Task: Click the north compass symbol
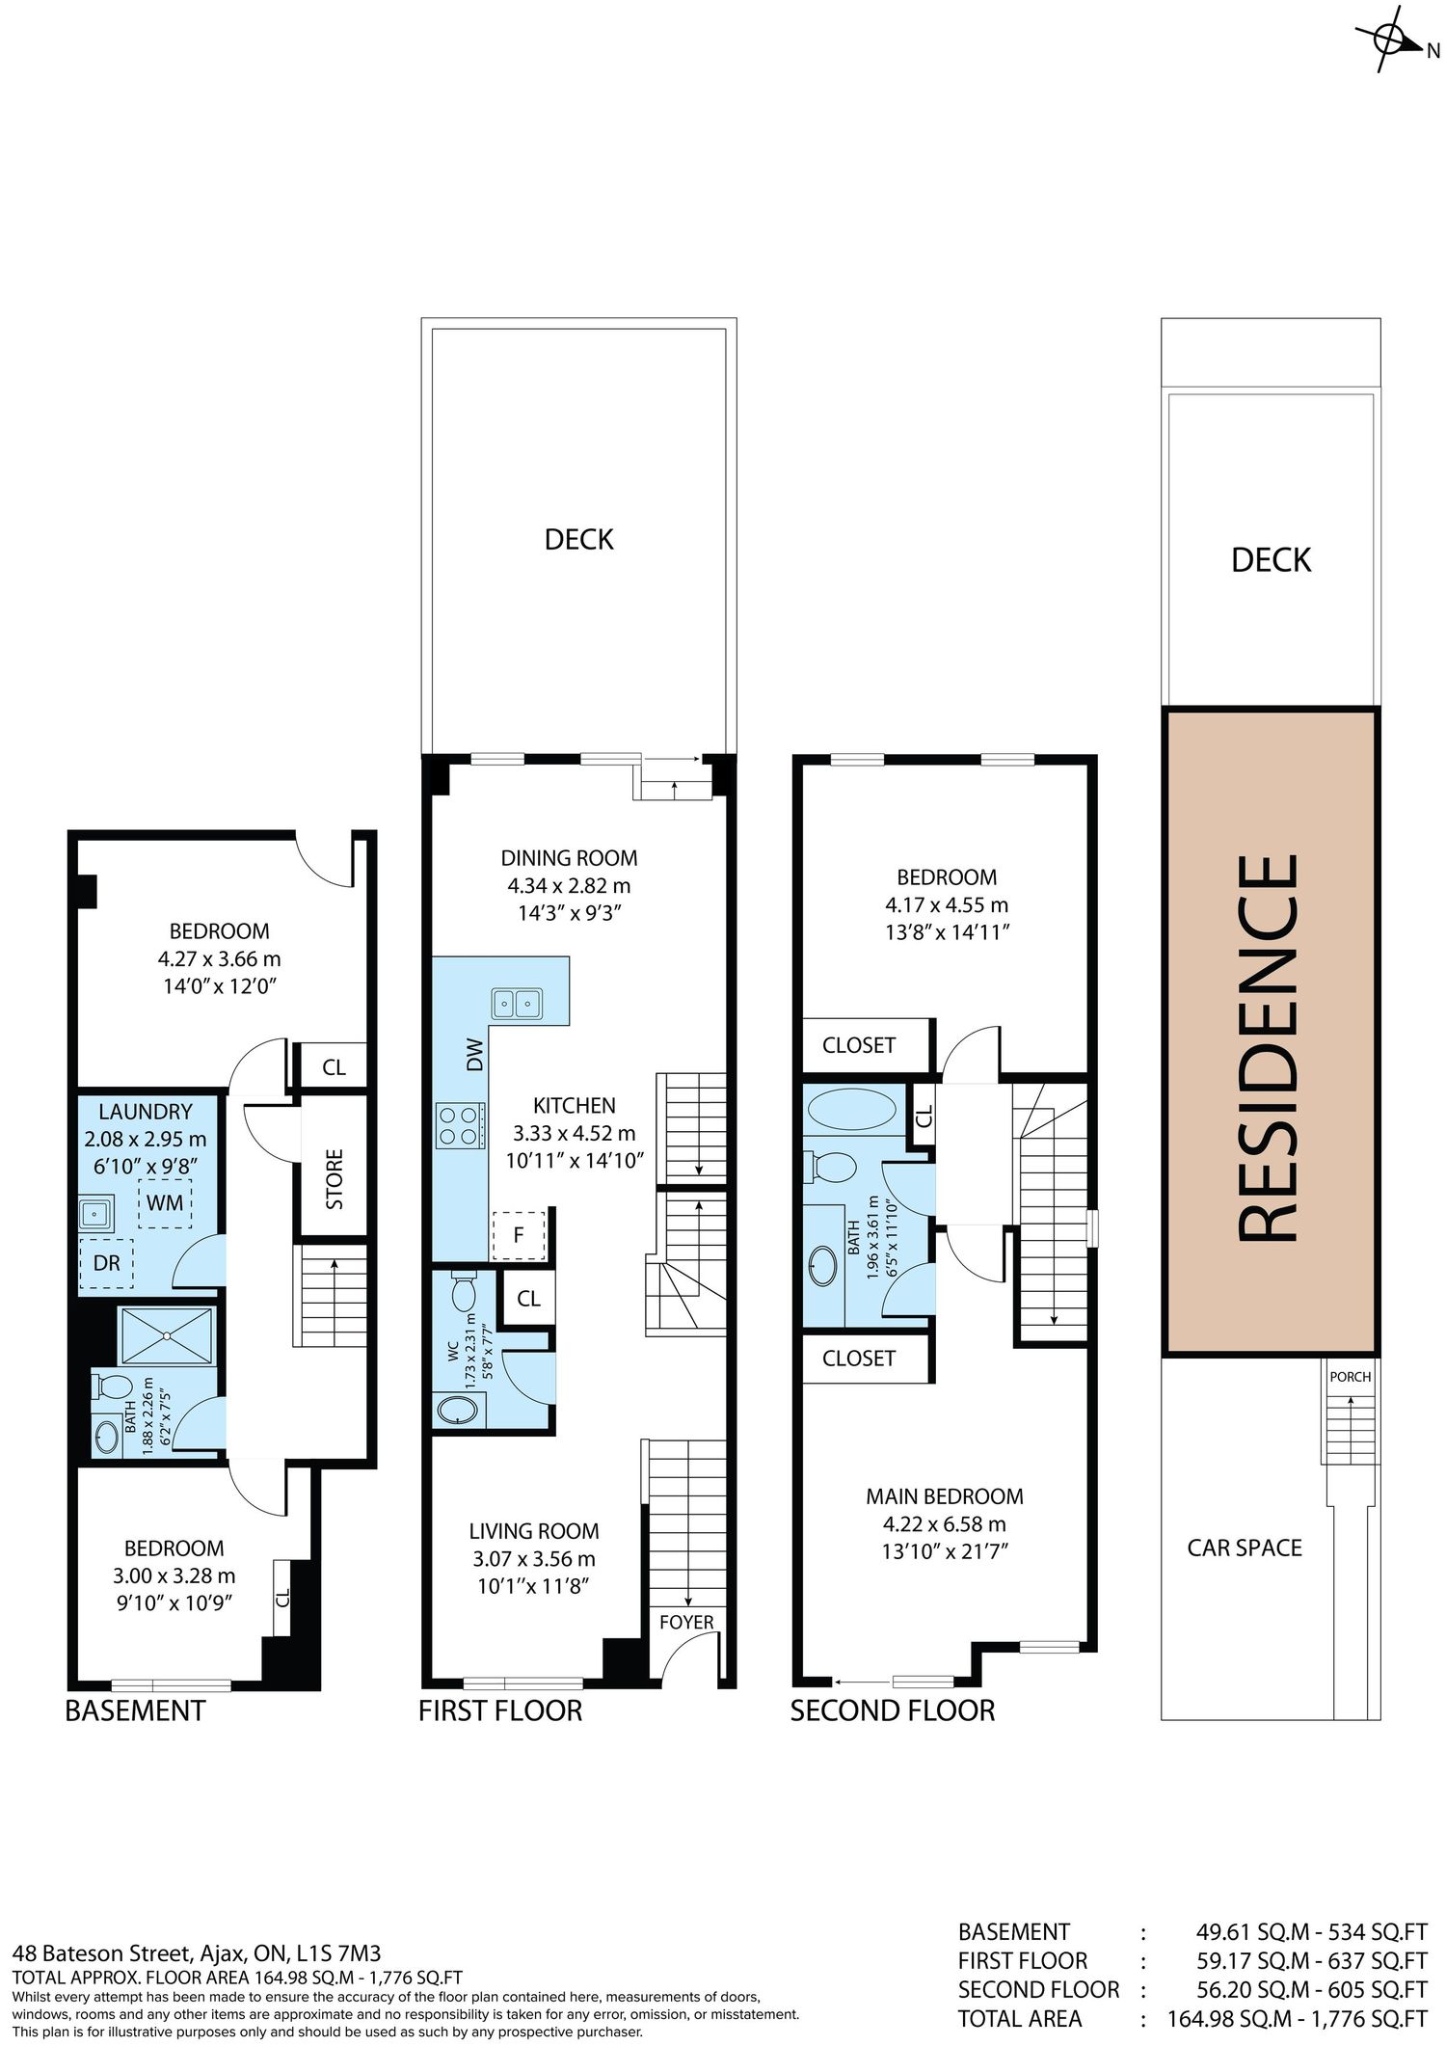coord(1390,40)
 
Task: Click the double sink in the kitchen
coord(517,1004)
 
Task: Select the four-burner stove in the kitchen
coord(459,1125)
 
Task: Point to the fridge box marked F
coord(519,1234)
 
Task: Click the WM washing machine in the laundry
coord(165,1203)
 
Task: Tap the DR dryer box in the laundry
coord(106,1263)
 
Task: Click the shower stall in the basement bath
coord(167,1335)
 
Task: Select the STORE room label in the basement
coord(335,1178)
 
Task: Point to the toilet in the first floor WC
coord(462,1290)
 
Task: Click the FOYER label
coord(686,1623)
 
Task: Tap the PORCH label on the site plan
coord(1350,1377)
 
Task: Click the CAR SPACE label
coord(1245,1548)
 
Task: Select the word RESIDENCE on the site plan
coord(1268,1048)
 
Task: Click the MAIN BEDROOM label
coord(945,1496)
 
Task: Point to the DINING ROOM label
coord(569,858)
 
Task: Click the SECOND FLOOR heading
coord(893,1710)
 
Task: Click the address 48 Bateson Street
coord(101,1953)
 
